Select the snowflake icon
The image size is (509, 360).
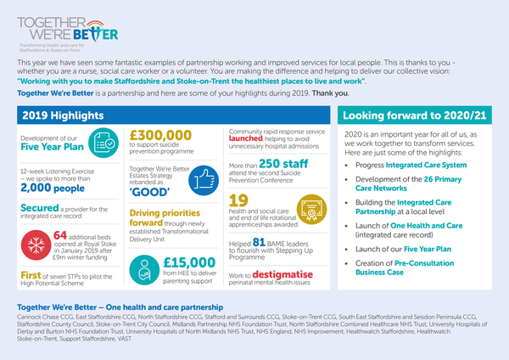point(34,241)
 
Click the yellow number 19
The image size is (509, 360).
point(238,200)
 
